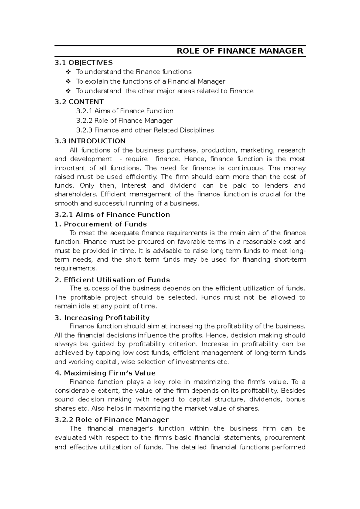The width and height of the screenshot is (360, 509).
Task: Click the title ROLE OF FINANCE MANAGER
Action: click(x=240, y=51)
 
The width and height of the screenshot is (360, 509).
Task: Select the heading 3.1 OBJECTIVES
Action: click(x=84, y=63)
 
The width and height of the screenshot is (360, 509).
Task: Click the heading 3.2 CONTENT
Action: click(x=79, y=102)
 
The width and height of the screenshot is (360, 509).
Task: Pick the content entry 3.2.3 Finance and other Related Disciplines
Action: click(x=145, y=130)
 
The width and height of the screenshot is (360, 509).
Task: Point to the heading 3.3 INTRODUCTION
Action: click(x=90, y=141)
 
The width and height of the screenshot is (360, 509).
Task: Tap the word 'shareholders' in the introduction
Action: click(x=75, y=194)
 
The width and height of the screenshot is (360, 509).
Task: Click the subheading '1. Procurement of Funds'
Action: click(x=101, y=224)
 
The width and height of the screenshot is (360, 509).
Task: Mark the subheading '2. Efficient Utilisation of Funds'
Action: click(x=112, y=280)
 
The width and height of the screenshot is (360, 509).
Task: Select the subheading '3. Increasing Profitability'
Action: click(x=102, y=318)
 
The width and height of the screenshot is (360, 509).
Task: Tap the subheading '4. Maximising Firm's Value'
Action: click(x=105, y=373)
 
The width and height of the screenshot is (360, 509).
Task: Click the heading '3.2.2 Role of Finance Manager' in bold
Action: click(x=112, y=420)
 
